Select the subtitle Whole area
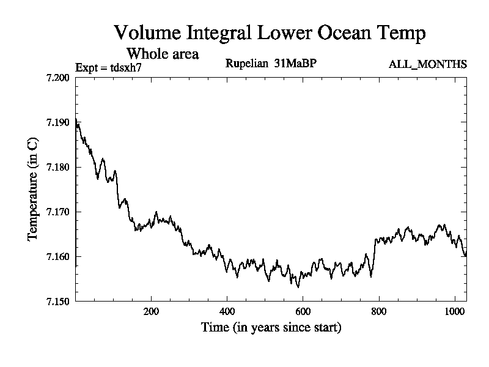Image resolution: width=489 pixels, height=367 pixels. pyautogui.click(x=162, y=54)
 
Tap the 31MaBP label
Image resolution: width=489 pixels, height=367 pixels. pyautogui.click(x=296, y=64)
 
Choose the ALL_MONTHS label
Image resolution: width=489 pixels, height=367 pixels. pyautogui.click(x=428, y=64)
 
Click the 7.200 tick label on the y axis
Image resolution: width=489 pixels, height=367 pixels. pyautogui.click(x=58, y=78)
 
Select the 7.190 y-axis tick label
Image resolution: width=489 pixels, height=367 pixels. pyautogui.click(x=58, y=122)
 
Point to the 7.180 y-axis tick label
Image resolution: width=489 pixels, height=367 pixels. pyautogui.click(x=58, y=167)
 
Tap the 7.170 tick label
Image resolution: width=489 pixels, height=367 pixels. pyautogui.click(x=58, y=212)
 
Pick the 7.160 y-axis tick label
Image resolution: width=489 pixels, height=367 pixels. pyautogui.click(x=58, y=256)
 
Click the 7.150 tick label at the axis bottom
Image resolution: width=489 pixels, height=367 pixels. pyautogui.click(x=58, y=301)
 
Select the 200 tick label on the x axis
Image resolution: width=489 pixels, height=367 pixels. pyautogui.click(x=151, y=311)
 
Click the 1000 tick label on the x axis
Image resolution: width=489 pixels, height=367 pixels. pyautogui.click(x=455, y=311)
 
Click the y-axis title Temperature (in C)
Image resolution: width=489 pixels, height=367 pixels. pyautogui.click(x=34, y=190)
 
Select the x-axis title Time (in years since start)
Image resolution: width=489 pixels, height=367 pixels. pyautogui.click(x=271, y=328)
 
